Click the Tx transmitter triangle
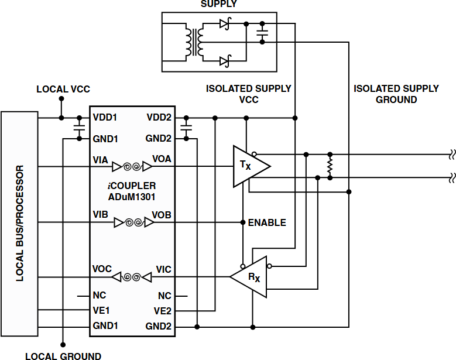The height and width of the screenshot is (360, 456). click(x=248, y=167)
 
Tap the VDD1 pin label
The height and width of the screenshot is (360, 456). click(x=105, y=118)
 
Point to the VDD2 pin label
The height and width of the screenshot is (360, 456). click(x=159, y=118)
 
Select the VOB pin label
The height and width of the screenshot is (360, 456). click(x=162, y=215)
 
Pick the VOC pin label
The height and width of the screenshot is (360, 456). click(x=102, y=269)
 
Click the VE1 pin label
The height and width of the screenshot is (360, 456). click(x=102, y=310)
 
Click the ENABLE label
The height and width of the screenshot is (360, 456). click(x=267, y=223)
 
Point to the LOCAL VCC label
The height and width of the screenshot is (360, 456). click(x=63, y=90)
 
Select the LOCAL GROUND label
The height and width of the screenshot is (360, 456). click(x=63, y=356)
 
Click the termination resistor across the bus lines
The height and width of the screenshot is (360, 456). click(x=330, y=166)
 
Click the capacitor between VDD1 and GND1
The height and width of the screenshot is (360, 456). click(x=78, y=128)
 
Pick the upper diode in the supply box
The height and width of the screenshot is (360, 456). click(x=224, y=24)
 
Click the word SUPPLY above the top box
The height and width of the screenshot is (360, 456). click(x=219, y=4)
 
